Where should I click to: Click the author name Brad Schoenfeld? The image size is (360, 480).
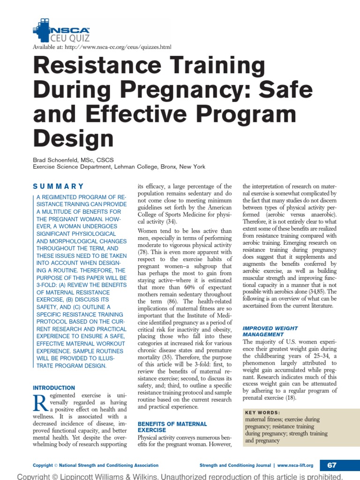pos(59,160)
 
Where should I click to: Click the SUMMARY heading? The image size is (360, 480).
pos(59,186)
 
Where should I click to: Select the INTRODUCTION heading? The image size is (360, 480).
pos(53,388)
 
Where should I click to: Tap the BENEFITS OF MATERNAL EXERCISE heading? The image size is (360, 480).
pos(172,427)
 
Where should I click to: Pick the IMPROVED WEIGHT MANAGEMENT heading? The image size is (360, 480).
pos(270,331)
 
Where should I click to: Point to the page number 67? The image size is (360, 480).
pos(332,465)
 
